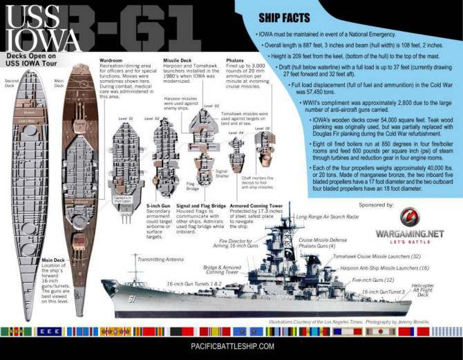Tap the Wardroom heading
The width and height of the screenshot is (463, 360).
coord(113,61)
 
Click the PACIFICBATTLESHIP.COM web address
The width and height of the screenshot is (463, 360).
coord(232,347)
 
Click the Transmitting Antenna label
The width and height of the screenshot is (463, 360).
coord(162,259)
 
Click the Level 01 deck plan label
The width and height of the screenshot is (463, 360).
coord(125,119)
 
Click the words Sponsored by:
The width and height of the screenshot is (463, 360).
coord(367,205)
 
